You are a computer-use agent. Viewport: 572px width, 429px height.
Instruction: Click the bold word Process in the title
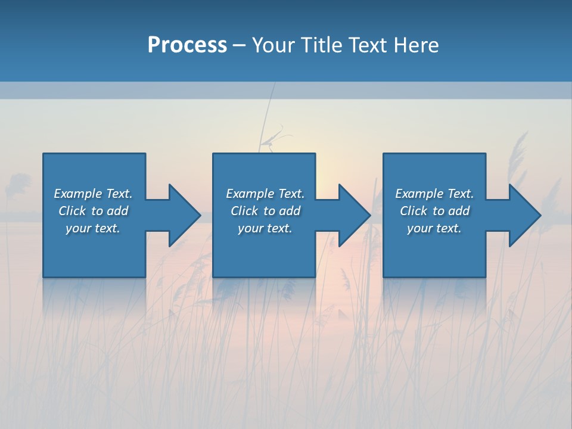click(187, 45)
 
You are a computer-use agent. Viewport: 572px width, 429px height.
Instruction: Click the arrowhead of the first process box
click(184, 215)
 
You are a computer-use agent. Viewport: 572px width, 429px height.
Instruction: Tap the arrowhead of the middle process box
click(354, 215)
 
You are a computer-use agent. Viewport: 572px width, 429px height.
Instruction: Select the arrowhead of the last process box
click(524, 215)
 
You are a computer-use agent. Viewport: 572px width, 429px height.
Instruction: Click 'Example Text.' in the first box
click(93, 194)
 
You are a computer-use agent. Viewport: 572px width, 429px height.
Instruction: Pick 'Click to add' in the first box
click(93, 211)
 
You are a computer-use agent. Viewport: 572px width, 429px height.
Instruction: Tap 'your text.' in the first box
click(93, 228)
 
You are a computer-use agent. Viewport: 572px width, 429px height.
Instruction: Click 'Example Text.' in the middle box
click(265, 194)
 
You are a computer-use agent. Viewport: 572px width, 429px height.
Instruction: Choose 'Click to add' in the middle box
click(265, 211)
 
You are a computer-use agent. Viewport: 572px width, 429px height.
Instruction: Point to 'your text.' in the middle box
click(265, 228)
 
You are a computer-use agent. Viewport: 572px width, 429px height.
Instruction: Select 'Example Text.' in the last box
click(434, 194)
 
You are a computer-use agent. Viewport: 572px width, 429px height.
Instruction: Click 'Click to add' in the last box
click(434, 211)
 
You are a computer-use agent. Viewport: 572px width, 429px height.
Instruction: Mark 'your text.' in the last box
click(434, 228)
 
